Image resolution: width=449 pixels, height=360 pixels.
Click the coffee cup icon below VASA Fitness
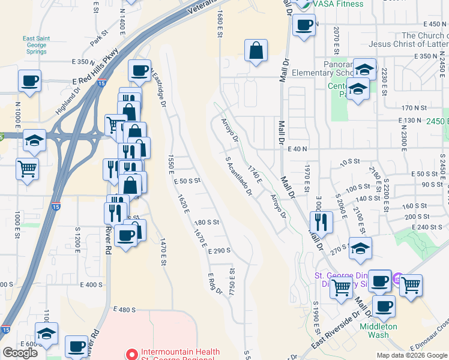304,26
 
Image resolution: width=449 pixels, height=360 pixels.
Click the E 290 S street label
220,251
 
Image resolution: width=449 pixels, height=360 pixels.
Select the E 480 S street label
124,310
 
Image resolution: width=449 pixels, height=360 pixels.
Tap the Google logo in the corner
20,352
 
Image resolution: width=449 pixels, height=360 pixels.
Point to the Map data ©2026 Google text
412,355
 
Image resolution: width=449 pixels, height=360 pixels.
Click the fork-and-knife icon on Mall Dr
322,222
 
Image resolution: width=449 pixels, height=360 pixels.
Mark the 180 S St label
207,222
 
